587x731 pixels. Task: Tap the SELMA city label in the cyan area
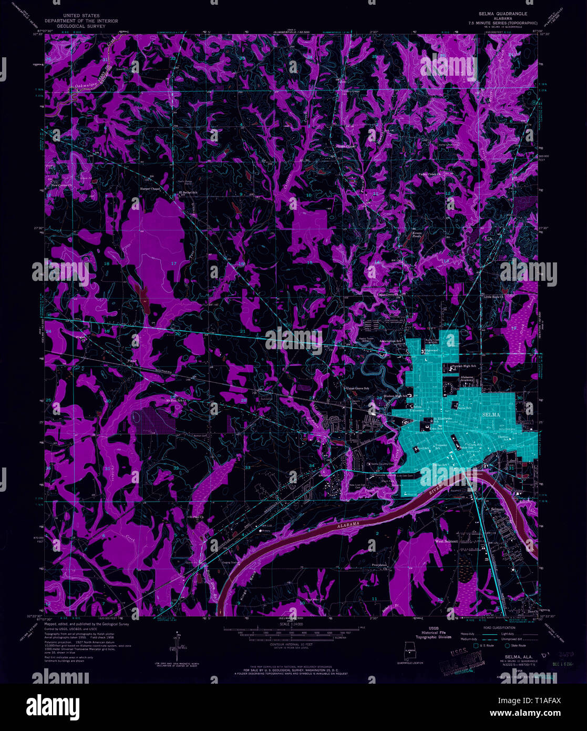pyautogui.click(x=492, y=415)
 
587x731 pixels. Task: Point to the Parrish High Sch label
pyautogui.click(x=462, y=366)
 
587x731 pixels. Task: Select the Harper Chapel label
pyautogui.click(x=149, y=188)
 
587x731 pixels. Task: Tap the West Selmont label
pyautogui.click(x=447, y=541)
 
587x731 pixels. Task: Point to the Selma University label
pyautogui.click(x=417, y=409)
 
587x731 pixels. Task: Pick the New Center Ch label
pyautogui.click(x=63, y=185)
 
